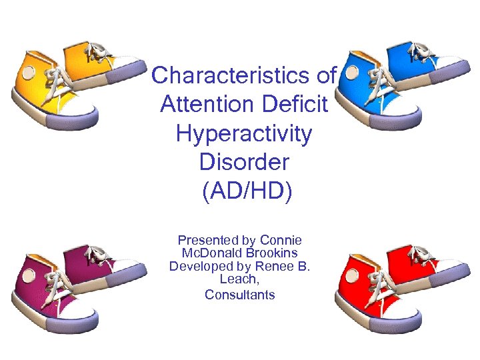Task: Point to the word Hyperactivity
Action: pyautogui.click(x=243, y=133)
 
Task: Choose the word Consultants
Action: pyautogui.click(x=240, y=294)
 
